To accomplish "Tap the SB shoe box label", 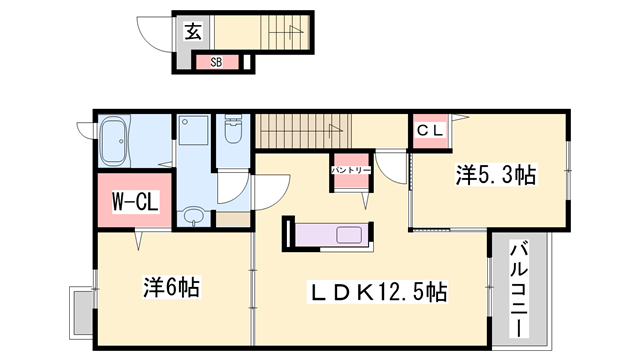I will pos(215,62).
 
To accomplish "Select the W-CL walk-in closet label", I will pos(134,201).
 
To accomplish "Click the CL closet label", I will pos(429,129).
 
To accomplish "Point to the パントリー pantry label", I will pos(351,171).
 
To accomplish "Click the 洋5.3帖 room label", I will pos(496,176).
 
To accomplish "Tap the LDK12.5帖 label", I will pos(375,292).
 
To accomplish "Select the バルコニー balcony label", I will pos(520,285).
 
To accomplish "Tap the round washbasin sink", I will pos(194,215).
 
